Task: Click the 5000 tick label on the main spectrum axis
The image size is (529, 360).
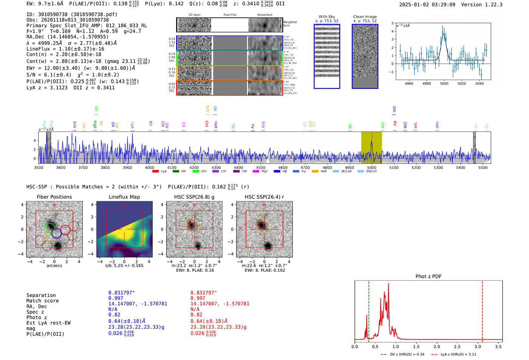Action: point(372,167)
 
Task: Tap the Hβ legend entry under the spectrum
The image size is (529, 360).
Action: point(280,172)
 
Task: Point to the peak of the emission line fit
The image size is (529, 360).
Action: point(444,34)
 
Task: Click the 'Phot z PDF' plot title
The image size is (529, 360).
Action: point(428,277)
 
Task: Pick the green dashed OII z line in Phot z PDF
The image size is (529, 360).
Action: point(368,310)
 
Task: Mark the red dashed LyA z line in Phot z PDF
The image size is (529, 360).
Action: point(483,310)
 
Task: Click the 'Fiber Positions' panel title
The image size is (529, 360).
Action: point(54,197)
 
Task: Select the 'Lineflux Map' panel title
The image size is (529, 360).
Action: point(124,197)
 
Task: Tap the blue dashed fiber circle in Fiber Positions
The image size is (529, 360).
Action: point(57,233)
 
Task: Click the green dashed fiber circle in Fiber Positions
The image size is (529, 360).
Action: point(50,227)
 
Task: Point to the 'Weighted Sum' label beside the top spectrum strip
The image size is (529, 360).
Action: point(290,24)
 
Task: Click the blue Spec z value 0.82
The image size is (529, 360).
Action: point(114,315)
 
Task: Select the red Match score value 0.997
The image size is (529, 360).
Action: point(198,298)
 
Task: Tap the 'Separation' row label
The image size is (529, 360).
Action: point(41,295)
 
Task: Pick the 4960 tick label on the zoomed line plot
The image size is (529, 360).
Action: point(409,83)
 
